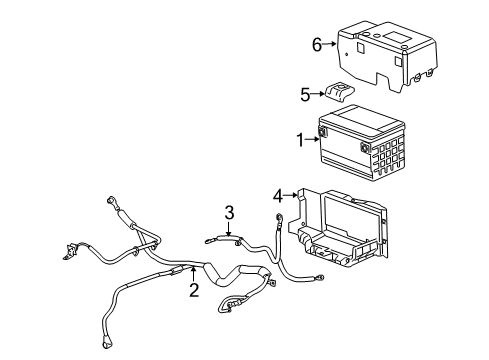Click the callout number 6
point(317,44)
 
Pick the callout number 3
point(229,211)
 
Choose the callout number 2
point(194,290)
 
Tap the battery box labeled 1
point(360,140)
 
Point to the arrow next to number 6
point(331,44)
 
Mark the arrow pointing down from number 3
point(229,228)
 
